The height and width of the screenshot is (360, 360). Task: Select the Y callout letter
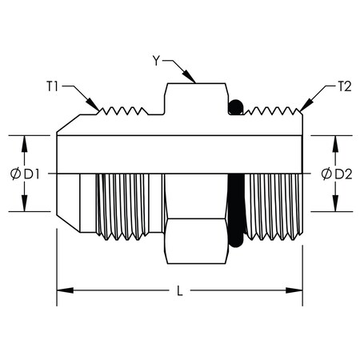click(158, 58)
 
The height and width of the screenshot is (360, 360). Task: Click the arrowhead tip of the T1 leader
click(98, 111)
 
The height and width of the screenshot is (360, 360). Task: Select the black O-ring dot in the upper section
click(235, 106)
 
